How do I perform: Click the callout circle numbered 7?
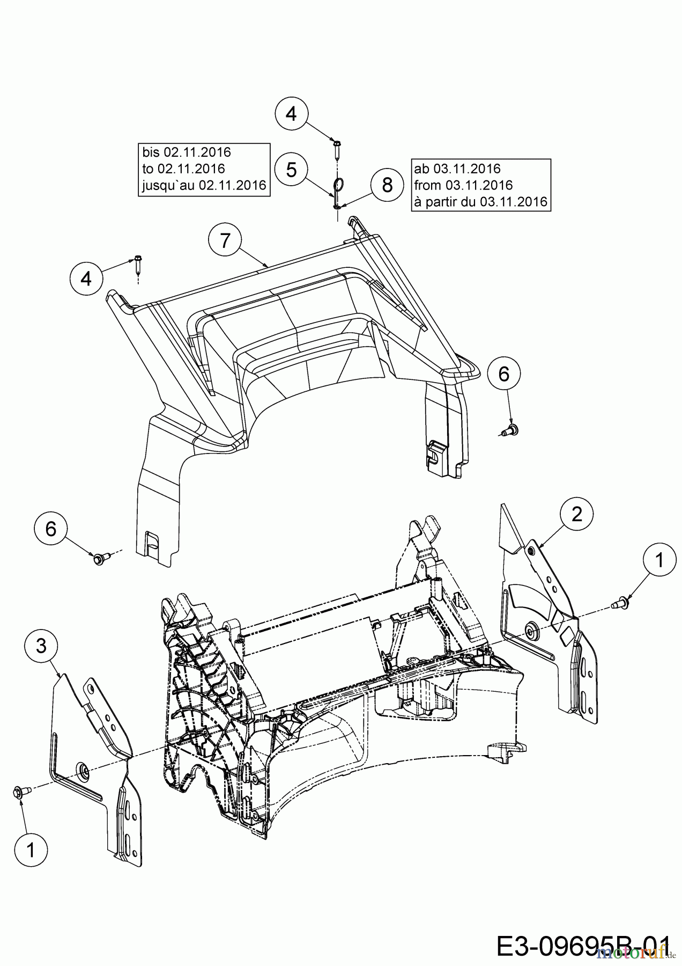coord(225,240)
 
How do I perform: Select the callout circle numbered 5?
coord(291,170)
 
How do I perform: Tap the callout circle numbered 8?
coord(387,185)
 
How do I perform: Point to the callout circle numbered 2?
coord(577,515)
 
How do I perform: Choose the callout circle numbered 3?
coord(42,646)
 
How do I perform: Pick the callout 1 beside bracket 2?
coord(659,560)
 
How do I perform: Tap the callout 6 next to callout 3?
coord(51,529)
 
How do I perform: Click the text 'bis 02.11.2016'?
coord(186,152)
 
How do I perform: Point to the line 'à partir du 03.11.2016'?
coord(480,202)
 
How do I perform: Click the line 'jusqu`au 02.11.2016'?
coord(204,186)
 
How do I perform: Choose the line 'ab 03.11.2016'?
coord(457,169)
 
